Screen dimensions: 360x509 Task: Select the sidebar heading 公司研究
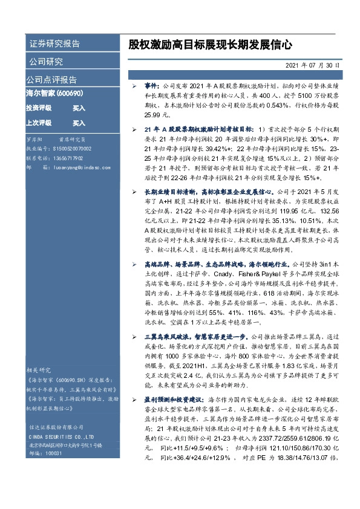point(45,62)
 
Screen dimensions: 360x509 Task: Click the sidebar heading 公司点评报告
point(51,80)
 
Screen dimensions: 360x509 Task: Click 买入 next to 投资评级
point(79,108)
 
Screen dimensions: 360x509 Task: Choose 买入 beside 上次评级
point(79,123)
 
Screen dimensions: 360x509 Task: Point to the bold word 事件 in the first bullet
point(152,87)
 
